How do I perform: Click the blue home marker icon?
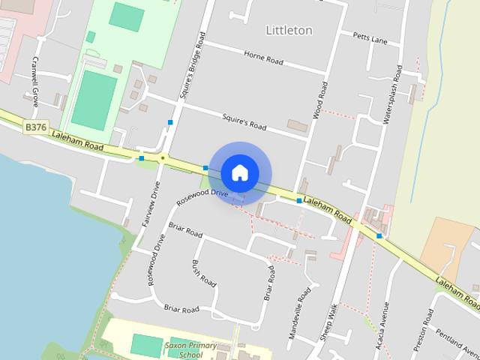tap(239, 172)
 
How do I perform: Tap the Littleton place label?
tap(289, 30)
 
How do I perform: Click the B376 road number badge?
tap(35, 128)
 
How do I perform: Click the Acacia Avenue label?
tap(385, 325)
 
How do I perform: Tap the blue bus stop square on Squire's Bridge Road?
tap(171, 121)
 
